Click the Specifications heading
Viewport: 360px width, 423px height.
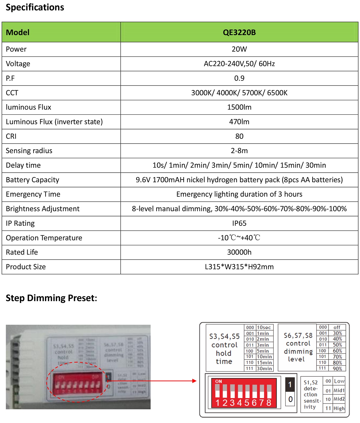click(x=35, y=8)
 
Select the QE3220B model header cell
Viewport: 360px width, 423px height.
click(x=239, y=32)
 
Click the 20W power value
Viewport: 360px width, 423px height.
click(x=239, y=49)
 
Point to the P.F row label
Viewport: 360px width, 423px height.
click(x=10, y=78)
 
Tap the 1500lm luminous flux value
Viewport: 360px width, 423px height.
click(x=239, y=107)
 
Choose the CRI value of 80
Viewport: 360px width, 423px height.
click(x=239, y=136)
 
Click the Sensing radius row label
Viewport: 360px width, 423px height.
click(x=29, y=151)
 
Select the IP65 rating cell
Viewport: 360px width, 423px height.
click(x=239, y=223)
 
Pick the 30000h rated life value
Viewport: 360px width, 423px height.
click(x=239, y=252)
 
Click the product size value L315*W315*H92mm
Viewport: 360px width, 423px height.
click(x=239, y=267)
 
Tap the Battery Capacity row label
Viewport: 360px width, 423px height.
click(x=32, y=180)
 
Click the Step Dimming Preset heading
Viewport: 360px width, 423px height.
click(x=51, y=298)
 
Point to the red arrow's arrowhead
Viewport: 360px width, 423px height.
click(x=194, y=381)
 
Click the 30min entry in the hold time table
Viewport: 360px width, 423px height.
click(x=264, y=369)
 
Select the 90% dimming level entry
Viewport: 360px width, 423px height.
click(x=337, y=369)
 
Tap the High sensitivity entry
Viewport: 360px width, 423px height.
click(x=339, y=408)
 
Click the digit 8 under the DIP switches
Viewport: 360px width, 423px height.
click(x=269, y=403)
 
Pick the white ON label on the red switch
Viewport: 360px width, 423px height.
click(x=218, y=381)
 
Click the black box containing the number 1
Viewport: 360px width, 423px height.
click(x=290, y=385)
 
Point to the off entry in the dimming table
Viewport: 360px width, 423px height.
click(x=337, y=327)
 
